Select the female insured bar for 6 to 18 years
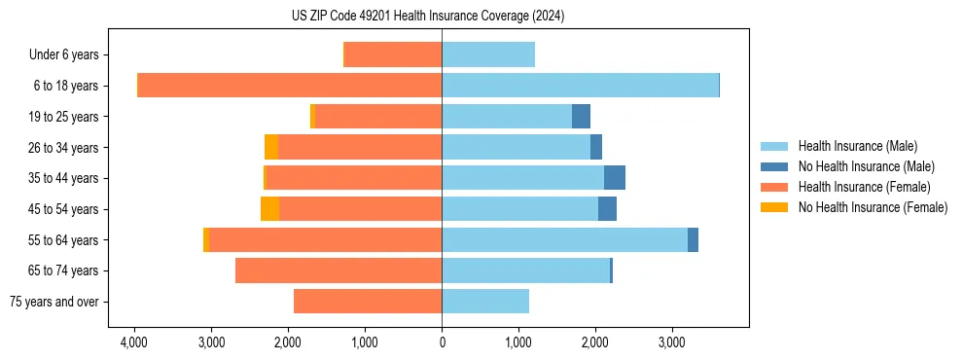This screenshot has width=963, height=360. pos(290,86)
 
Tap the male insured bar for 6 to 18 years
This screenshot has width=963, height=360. pos(580,86)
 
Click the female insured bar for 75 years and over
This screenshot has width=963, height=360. pos(368,302)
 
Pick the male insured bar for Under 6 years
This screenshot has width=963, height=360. pos(488,54)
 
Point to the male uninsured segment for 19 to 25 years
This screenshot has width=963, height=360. pos(581,117)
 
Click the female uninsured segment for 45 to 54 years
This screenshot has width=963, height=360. pos(269,209)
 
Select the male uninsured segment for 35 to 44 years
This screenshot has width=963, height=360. pos(615,178)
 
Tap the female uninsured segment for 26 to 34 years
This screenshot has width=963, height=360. pos(271,147)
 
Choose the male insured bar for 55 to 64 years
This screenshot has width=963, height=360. pos(564,240)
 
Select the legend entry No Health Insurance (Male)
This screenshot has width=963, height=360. pos(866,166)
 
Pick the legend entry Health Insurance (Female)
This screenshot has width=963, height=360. pos(864,187)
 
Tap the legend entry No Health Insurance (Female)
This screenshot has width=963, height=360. pos(873,207)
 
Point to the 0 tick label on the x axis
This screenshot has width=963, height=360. pos(442,342)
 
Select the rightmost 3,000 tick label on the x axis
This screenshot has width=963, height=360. pos(672,342)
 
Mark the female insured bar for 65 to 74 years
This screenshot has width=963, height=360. pos(339,270)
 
